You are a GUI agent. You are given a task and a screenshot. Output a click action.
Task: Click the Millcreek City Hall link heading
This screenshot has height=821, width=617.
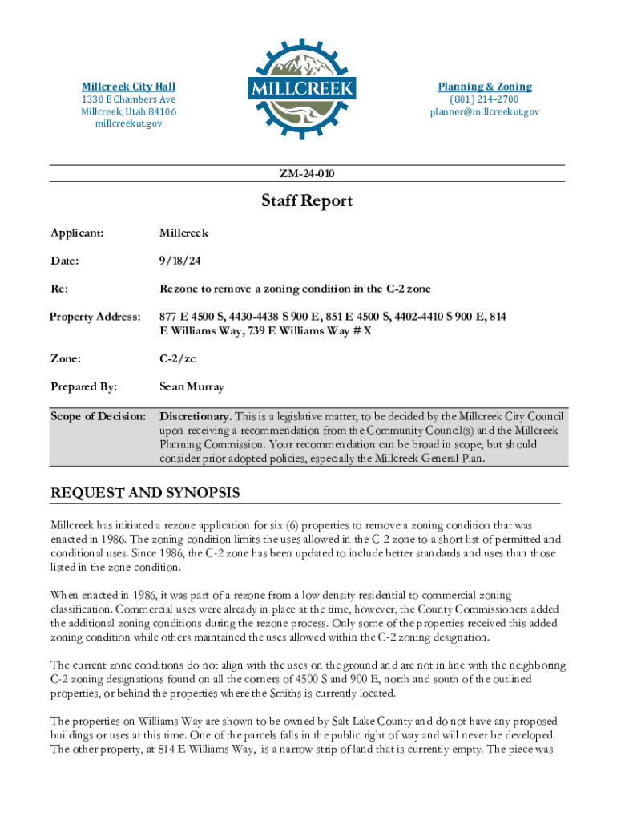[128, 87]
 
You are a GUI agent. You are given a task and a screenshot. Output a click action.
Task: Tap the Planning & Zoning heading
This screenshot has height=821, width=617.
[484, 87]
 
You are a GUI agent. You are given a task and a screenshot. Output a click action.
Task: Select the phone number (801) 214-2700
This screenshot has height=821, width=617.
[484, 99]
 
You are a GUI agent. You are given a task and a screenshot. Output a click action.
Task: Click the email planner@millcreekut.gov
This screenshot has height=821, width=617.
[484, 111]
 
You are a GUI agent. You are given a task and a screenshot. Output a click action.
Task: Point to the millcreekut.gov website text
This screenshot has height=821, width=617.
[128, 124]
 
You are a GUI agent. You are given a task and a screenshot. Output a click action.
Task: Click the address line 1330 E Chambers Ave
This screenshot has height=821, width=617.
[128, 99]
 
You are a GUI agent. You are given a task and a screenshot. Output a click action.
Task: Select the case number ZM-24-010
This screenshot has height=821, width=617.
[308, 174]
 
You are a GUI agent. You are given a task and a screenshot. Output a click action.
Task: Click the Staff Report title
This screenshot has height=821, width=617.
[307, 201]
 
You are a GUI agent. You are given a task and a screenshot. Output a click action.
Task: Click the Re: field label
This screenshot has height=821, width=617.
[58, 289]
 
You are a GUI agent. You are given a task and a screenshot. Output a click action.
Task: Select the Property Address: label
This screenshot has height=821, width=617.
[95, 317]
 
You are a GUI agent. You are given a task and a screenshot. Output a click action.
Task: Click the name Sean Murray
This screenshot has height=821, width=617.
[192, 387]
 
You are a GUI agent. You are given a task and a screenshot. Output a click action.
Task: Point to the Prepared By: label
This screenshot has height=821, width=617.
[83, 387]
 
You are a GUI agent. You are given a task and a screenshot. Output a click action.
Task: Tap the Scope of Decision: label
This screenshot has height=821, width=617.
[98, 417]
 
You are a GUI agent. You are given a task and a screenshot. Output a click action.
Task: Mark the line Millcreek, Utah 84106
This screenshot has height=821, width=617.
[128, 111]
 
